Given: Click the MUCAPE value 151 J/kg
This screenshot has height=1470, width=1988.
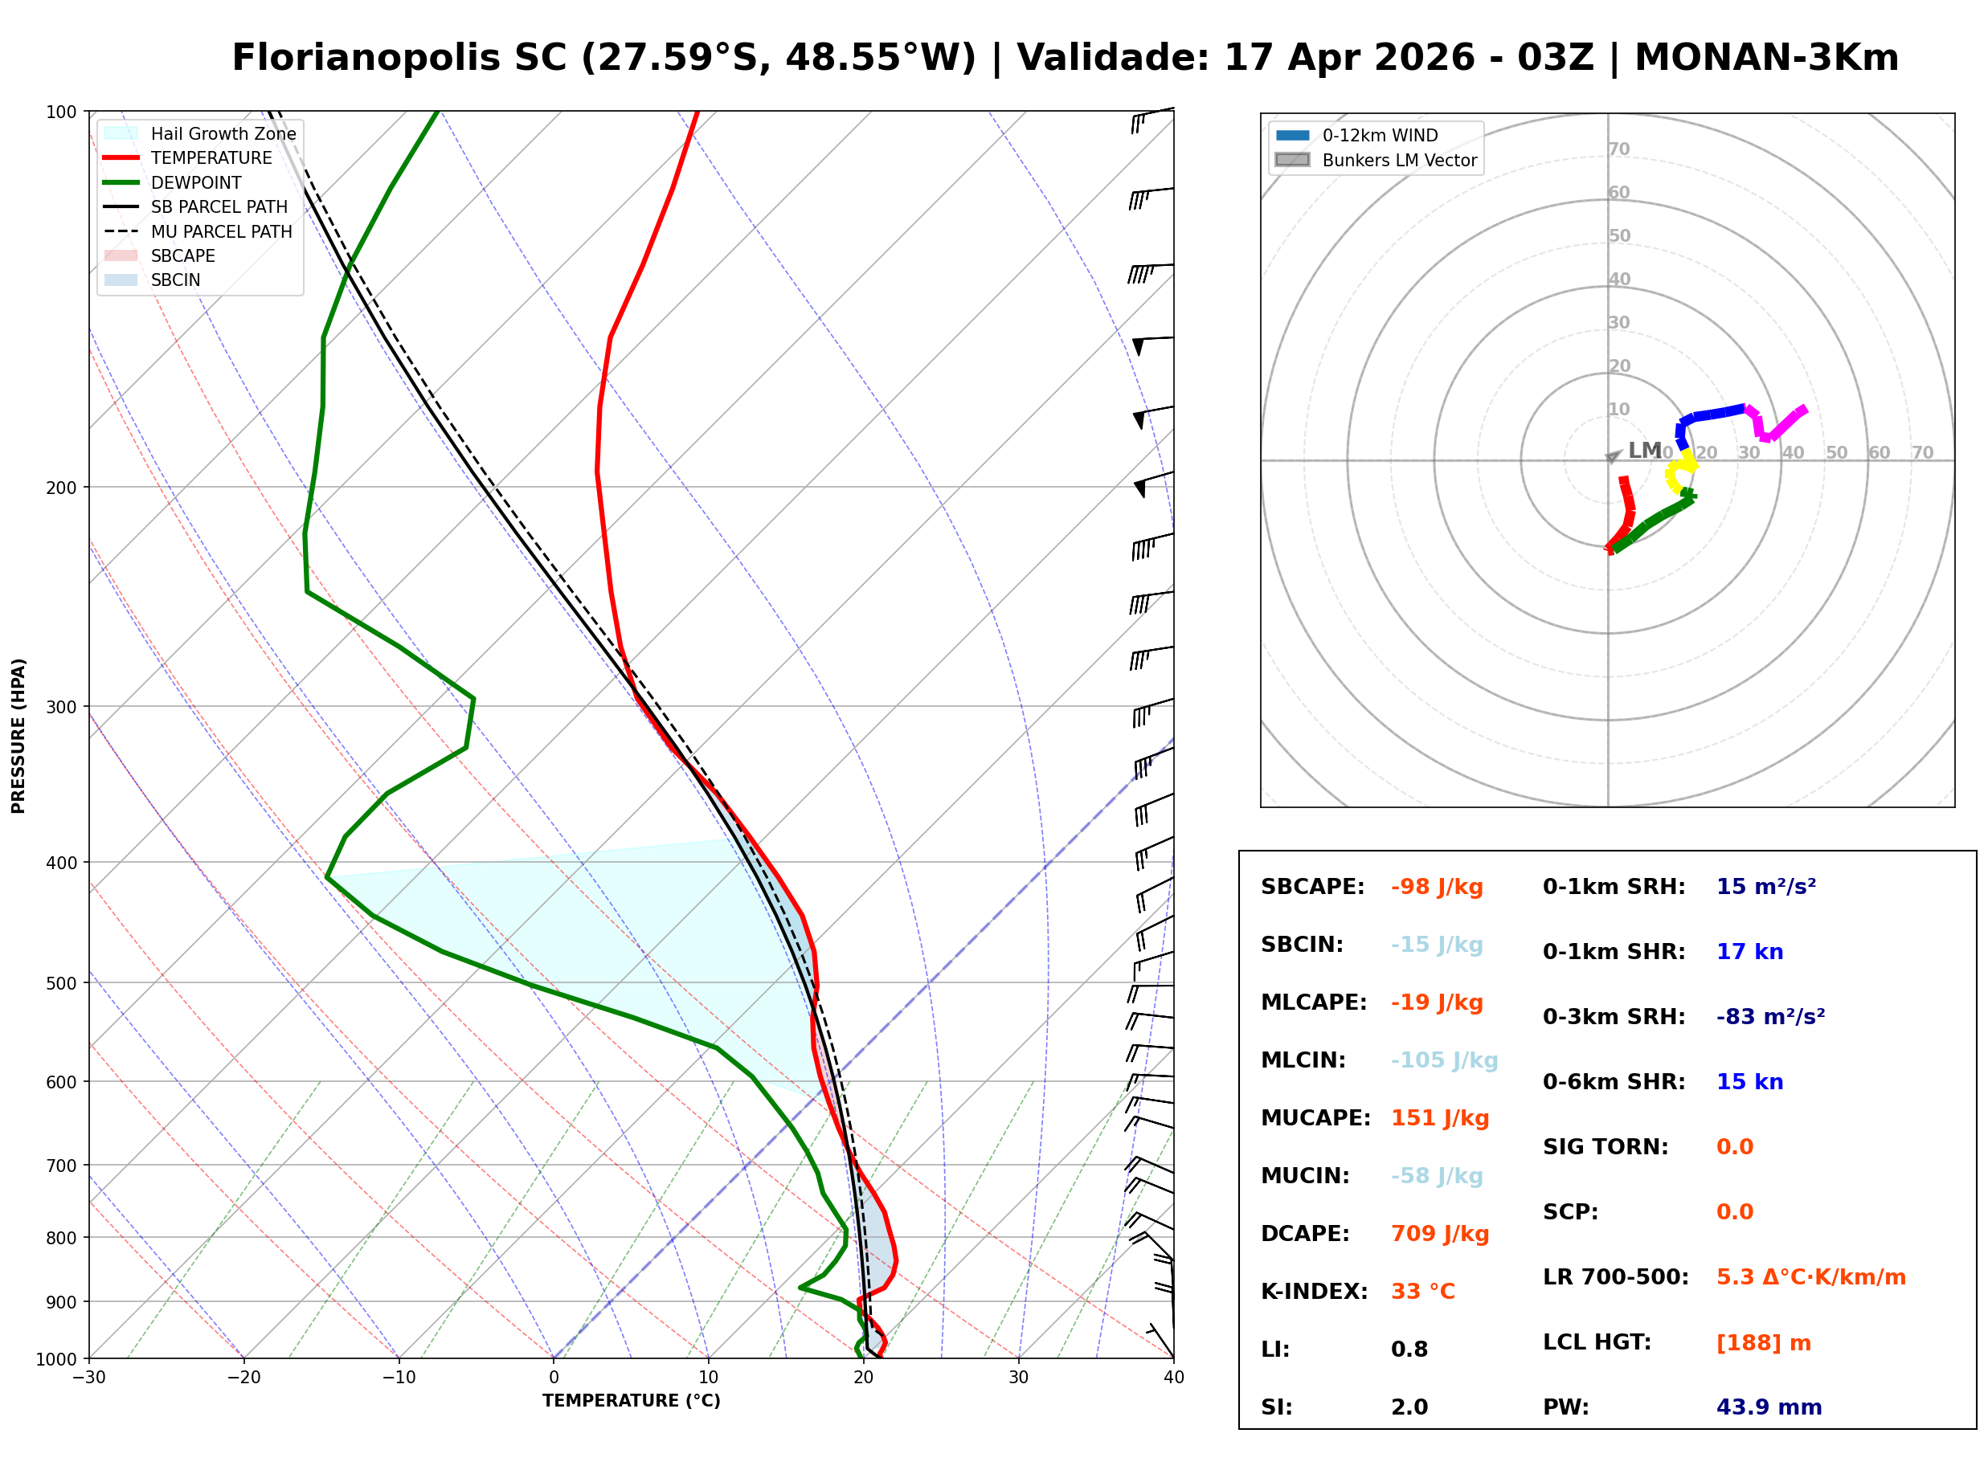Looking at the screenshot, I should (1439, 1118).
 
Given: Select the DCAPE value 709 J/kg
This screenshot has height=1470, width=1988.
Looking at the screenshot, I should (1439, 1234).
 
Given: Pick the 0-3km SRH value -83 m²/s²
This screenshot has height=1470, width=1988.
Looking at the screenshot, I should (1770, 1017).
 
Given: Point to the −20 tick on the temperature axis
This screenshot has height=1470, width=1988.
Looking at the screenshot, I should (243, 1378).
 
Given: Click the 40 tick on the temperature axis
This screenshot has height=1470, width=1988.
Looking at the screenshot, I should (1173, 1378).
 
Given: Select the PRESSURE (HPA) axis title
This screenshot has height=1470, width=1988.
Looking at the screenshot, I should (18, 736).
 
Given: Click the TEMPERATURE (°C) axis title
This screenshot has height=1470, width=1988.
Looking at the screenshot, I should (631, 1402).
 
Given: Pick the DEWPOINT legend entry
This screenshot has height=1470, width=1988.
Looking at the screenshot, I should (196, 182).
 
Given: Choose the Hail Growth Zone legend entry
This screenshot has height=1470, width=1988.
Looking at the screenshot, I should (223, 133).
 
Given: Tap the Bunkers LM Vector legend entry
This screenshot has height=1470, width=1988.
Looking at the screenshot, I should (1399, 160).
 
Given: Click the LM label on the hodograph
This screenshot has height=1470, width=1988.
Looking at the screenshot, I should (1645, 451).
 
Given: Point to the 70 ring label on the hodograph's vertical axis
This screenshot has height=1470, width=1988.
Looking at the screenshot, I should (1618, 149).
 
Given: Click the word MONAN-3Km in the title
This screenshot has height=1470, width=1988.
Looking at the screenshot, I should (1766, 58).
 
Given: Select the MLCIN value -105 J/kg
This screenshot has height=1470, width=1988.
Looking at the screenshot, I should (1444, 1060).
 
